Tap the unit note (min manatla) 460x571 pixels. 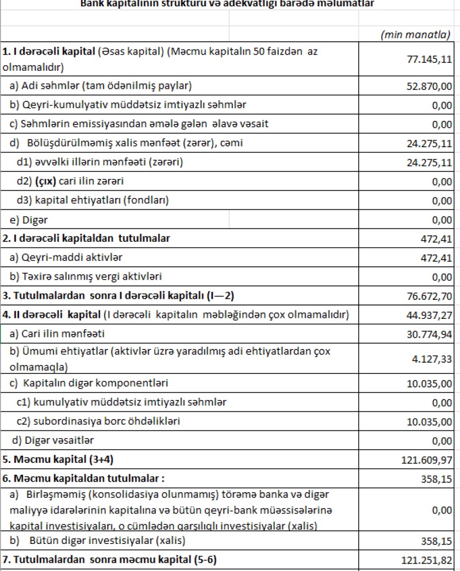coord(415,35)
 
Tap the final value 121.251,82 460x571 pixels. coord(425,560)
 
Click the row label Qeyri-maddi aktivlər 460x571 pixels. coord(66,257)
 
